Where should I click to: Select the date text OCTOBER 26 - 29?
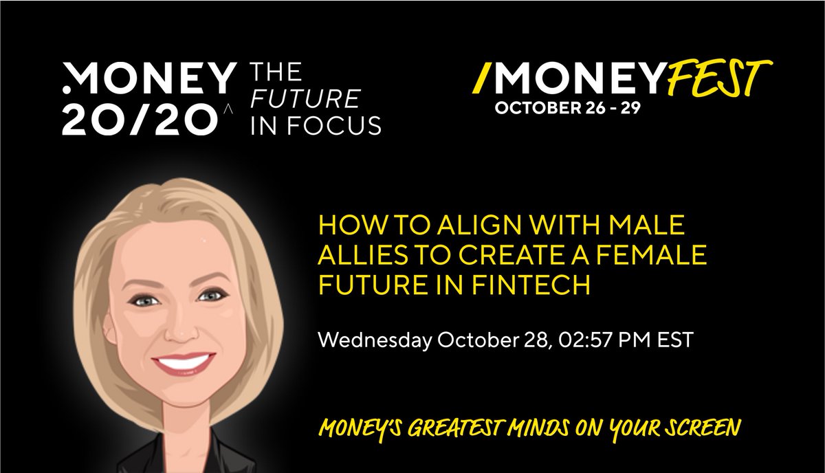point(568,109)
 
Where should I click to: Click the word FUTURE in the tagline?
point(305,99)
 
